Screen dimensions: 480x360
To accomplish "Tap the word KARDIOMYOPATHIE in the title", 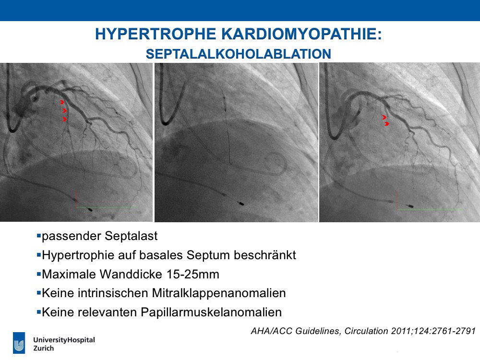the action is [x=301, y=34].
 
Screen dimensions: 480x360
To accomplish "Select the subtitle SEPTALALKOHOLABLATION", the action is [x=239, y=54].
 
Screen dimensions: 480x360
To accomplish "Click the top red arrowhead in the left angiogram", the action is [x=62, y=102].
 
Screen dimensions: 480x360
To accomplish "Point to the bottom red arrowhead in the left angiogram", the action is [x=64, y=119].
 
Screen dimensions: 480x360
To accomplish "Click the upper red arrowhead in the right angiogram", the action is [x=384, y=117].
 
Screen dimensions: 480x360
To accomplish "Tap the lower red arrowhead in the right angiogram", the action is [x=387, y=124].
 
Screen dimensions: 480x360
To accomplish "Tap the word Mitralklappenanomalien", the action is [x=218, y=293].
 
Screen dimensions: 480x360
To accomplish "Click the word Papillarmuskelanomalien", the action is [x=211, y=312].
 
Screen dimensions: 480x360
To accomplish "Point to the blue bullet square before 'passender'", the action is [x=38, y=236].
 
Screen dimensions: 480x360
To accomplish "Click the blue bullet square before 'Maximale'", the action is [x=38, y=274].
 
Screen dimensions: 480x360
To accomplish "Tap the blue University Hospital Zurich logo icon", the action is [x=19, y=343].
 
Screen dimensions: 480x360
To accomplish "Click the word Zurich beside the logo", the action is [x=44, y=348].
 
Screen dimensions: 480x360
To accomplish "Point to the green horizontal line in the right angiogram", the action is [x=430, y=210].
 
